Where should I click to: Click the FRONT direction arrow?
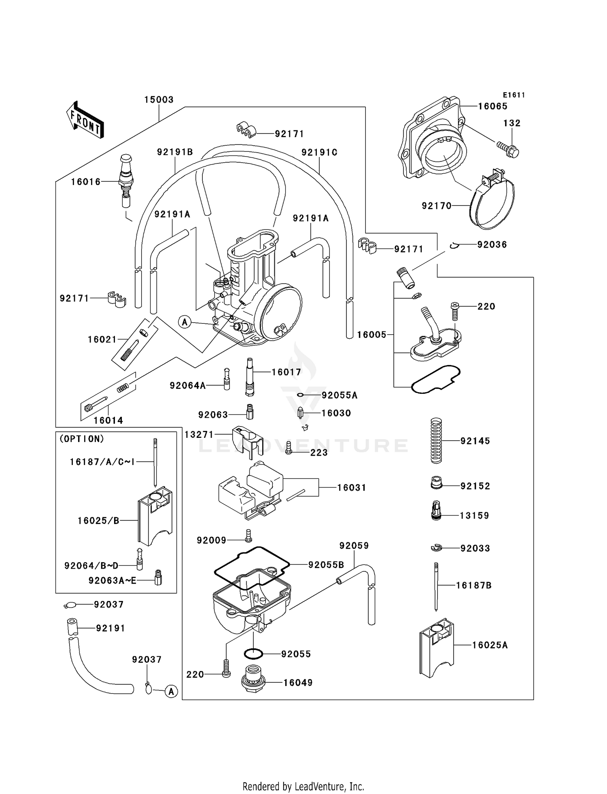85,121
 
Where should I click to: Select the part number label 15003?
159,100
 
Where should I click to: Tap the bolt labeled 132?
508,149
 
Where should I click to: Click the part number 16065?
492,106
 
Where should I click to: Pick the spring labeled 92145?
436,441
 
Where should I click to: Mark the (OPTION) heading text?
82,439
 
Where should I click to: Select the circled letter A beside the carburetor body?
185,322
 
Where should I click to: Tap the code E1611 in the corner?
514,95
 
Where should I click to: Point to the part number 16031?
352,488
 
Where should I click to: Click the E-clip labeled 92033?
436,548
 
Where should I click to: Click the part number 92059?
354,546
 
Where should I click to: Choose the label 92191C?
319,153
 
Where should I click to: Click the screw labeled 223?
289,448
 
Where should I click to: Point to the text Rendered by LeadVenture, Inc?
303,786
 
